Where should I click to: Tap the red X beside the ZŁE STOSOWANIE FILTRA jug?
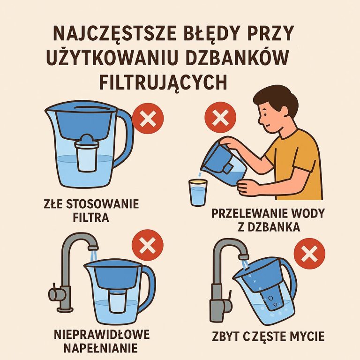point(148,119)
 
